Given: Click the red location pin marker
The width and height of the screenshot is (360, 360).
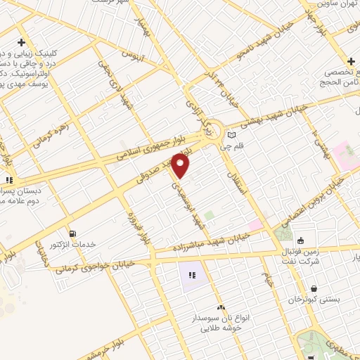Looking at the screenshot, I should click(181, 165).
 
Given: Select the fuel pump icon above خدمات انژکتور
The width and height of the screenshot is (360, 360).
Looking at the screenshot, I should click(72, 233).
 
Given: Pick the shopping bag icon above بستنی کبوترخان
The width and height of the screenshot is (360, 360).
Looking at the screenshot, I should click(314, 289).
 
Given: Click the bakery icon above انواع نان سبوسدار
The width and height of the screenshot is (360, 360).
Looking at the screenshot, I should click(221, 307).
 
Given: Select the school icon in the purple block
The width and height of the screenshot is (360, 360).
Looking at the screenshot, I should click(191, 274).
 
